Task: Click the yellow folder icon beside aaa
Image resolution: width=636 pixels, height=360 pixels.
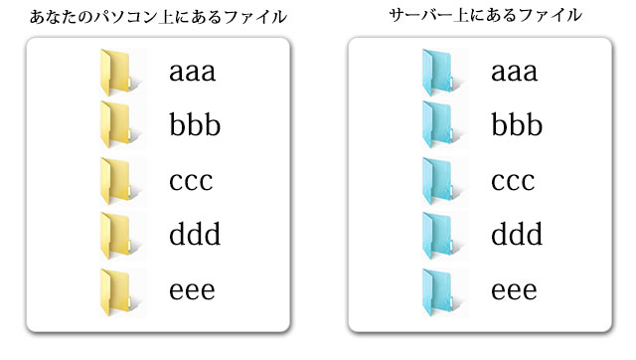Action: pos(117,72)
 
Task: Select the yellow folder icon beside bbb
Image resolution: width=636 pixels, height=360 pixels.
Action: pos(117,125)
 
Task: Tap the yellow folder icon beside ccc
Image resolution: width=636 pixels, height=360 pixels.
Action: pos(117,181)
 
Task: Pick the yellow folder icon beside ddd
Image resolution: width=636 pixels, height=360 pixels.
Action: pos(117,236)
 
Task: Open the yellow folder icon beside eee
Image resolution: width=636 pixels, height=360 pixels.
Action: pos(117,290)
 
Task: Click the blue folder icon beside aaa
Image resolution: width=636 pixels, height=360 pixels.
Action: pos(439,72)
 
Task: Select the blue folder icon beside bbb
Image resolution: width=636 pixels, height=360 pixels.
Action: pos(439,125)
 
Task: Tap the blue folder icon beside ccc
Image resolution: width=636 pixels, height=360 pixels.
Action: pos(439,181)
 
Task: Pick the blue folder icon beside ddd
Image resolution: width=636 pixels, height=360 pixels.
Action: pos(439,236)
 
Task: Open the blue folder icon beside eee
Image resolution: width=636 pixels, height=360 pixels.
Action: pos(439,290)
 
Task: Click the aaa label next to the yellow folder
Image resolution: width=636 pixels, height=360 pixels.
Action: pos(193,73)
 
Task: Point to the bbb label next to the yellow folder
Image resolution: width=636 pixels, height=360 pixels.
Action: pos(195,126)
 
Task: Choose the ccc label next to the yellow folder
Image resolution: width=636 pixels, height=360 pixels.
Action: pos(192,182)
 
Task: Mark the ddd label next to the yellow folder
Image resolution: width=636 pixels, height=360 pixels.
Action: pos(195,236)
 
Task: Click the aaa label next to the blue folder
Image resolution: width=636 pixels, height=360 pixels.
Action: pos(515,73)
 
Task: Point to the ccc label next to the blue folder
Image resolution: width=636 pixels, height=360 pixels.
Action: pos(514,182)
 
